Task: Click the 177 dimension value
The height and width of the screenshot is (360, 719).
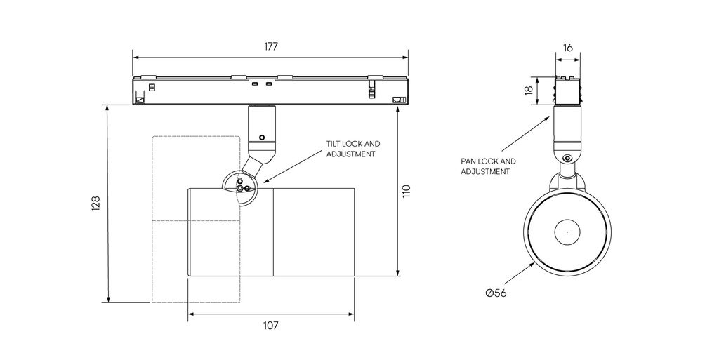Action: point(271,47)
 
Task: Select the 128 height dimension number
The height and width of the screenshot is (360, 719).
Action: point(96,203)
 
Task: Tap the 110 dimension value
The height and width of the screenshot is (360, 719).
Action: point(406,191)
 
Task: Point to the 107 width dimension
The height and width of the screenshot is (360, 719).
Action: point(271,326)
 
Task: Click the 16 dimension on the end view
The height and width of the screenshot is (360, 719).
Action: point(568,48)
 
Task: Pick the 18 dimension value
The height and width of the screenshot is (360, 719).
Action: point(528,91)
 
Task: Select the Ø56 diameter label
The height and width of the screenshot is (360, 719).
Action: point(496,293)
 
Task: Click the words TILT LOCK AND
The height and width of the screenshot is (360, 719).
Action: point(352,144)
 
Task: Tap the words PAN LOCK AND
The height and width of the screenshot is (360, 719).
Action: point(488,161)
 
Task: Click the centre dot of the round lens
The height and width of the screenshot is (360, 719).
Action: point(567,230)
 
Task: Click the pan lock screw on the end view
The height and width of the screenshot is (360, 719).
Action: point(567,158)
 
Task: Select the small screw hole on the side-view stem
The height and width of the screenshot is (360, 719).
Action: point(262,137)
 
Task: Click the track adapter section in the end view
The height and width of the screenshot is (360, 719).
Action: point(568,90)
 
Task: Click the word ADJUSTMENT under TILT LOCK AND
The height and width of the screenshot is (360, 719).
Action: point(351,154)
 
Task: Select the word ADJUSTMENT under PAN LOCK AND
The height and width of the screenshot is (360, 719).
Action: point(485,171)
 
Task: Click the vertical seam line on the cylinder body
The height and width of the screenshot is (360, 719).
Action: point(273,232)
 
